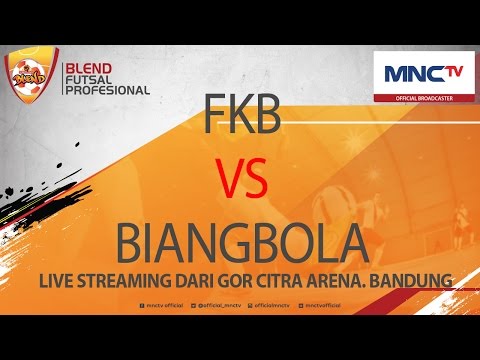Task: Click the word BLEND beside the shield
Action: pos(88,69)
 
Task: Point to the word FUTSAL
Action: pos(89,79)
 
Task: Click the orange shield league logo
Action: pos(29,79)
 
